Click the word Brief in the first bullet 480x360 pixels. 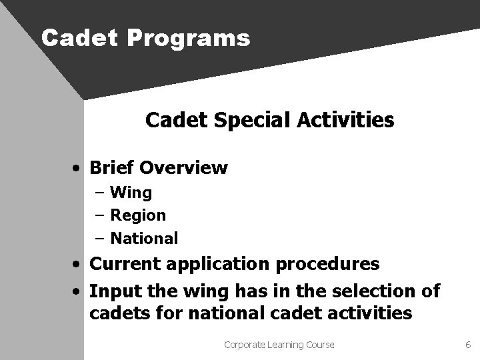point(113,167)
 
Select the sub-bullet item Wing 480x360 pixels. point(131,193)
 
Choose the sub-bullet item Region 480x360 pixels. point(138,215)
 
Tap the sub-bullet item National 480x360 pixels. point(144,238)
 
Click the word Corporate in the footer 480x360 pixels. point(245,345)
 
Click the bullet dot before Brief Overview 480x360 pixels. point(79,168)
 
